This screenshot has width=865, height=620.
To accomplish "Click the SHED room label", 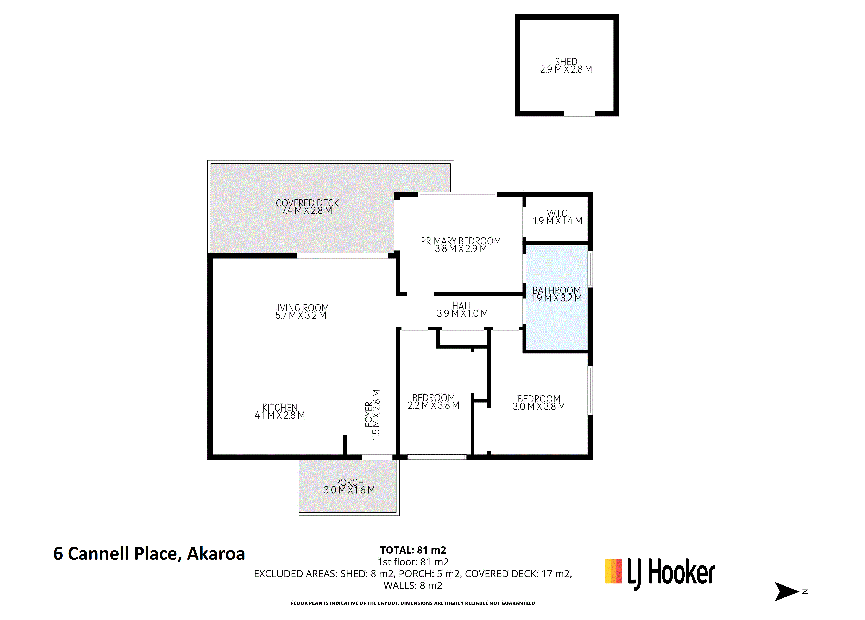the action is pos(566,65).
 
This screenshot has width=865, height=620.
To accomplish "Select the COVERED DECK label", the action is pos(307,207).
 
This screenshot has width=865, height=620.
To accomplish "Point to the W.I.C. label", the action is pos(558,217).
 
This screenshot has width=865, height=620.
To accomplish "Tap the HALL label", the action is pos(462,310).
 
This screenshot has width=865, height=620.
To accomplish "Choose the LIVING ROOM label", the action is pos(301,311).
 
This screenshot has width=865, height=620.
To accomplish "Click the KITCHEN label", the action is pos(280,411).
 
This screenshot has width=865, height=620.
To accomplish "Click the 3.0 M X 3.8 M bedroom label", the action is pos(538,403).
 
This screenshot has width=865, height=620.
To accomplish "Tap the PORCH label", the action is pos(349,486).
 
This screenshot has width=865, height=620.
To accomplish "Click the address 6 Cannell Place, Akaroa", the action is pos(149,554).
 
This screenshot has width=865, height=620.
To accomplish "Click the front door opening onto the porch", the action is pos(377,457).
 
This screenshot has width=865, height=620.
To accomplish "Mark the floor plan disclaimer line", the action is pos(413,603).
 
